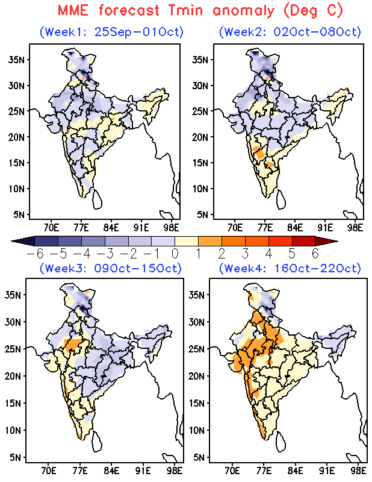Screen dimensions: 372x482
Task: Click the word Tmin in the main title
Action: (x=185, y=11)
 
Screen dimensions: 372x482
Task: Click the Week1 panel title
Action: (x=111, y=32)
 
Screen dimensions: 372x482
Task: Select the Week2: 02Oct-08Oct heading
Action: (x=290, y=32)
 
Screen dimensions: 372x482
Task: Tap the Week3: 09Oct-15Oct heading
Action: (x=111, y=268)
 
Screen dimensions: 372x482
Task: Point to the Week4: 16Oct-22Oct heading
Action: (x=290, y=268)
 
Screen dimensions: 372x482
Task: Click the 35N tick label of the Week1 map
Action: (x=16, y=60)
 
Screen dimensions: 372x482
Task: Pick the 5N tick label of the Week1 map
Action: (x=19, y=214)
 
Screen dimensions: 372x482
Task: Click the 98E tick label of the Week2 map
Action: (x=355, y=228)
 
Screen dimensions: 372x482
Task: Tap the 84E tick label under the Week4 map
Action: (x=295, y=471)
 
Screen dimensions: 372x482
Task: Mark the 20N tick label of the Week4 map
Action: (x=197, y=376)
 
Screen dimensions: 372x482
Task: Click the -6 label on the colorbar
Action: (x=35, y=254)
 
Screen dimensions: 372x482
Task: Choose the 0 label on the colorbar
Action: (x=175, y=254)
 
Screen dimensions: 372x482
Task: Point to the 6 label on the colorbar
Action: (x=315, y=254)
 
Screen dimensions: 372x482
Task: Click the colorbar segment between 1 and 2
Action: (x=210, y=241)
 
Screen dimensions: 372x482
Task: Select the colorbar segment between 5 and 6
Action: (x=303, y=241)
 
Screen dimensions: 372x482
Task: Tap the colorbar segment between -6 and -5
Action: (x=46, y=241)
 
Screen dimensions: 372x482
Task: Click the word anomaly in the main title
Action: (x=243, y=11)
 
